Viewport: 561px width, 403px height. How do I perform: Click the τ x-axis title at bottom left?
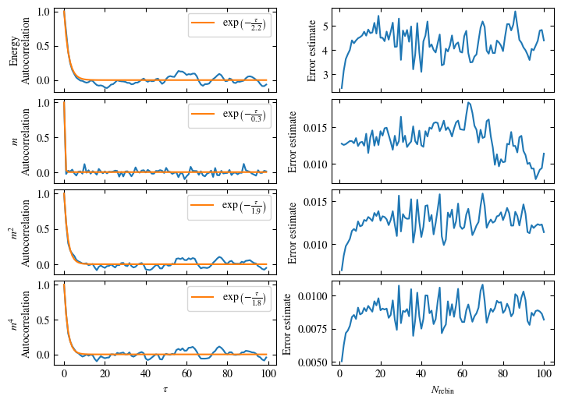coord(165,387)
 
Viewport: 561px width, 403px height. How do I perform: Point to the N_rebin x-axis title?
coord(442,388)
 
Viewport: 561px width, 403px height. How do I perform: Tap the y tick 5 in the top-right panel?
coord(324,24)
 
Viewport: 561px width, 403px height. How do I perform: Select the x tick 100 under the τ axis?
coord(268,373)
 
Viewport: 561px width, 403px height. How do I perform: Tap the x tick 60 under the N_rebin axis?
coord(462,373)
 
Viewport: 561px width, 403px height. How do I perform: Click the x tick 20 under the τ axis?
coord(105,373)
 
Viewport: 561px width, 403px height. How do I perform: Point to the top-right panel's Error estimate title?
coord(313,51)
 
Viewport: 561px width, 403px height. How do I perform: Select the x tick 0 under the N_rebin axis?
coord(339,373)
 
